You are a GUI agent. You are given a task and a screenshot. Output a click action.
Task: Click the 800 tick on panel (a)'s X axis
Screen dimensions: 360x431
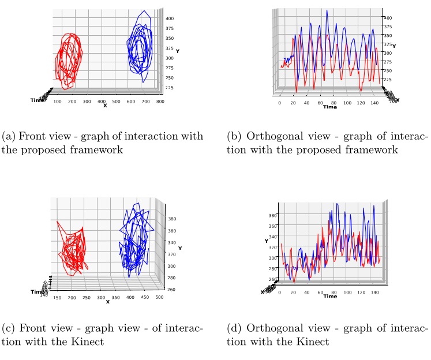(160, 102)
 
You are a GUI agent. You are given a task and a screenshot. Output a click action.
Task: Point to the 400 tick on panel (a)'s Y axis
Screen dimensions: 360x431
(170, 18)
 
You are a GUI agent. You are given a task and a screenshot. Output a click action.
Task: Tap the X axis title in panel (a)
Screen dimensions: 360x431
(105, 106)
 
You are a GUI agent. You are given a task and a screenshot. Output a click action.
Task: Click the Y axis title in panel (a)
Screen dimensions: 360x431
(177, 51)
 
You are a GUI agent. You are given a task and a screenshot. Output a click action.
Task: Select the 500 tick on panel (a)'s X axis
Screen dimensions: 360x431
(116, 102)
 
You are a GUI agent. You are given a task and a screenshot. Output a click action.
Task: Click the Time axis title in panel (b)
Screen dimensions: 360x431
(329, 107)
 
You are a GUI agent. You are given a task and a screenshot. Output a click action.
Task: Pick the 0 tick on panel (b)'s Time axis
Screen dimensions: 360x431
(280, 103)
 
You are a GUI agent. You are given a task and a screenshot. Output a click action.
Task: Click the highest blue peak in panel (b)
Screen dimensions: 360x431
(327, 10)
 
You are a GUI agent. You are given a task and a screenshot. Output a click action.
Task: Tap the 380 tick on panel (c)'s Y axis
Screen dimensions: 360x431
(171, 219)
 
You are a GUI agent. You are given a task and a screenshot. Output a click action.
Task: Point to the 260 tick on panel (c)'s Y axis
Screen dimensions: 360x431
(171, 290)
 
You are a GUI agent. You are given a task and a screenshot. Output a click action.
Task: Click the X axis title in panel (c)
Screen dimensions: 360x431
(107, 302)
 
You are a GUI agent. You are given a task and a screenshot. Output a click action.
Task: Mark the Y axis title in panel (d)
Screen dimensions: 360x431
(267, 240)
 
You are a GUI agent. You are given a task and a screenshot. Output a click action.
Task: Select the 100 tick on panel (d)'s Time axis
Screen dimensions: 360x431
(347, 292)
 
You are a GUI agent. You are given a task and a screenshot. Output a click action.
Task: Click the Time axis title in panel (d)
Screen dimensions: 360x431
(330, 296)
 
